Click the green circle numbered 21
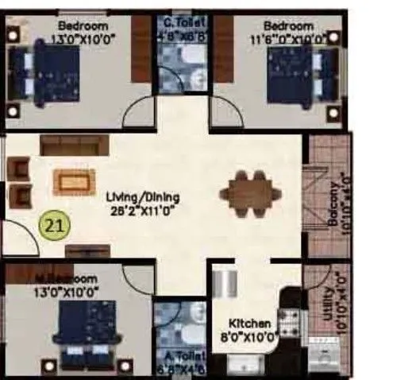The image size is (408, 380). coord(54,226)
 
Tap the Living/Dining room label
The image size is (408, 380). coord(144,197)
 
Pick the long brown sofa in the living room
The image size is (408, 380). coord(72,145)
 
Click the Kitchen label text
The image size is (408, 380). coord(251,324)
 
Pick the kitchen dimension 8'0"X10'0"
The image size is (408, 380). coord(251,337)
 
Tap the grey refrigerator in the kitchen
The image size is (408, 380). coord(225,283)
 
